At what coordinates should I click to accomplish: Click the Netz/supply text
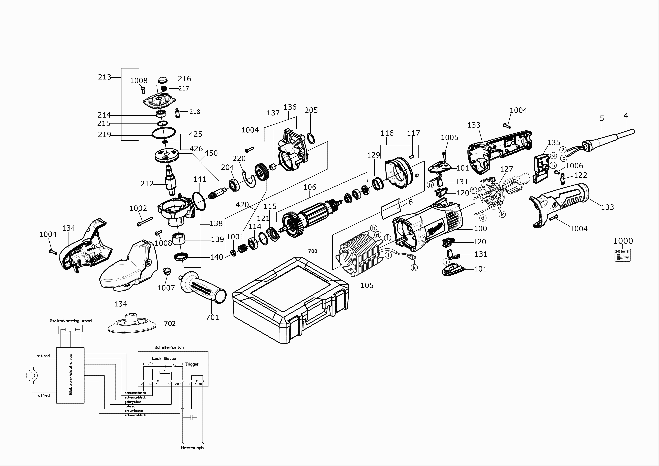(x=193, y=448)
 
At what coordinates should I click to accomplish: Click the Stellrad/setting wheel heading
(x=71, y=321)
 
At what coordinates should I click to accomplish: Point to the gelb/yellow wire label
(x=133, y=402)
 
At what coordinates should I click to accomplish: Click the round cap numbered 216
(x=163, y=79)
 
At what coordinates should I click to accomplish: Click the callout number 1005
(x=450, y=138)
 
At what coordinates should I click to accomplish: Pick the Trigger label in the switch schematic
(x=192, y=364)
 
